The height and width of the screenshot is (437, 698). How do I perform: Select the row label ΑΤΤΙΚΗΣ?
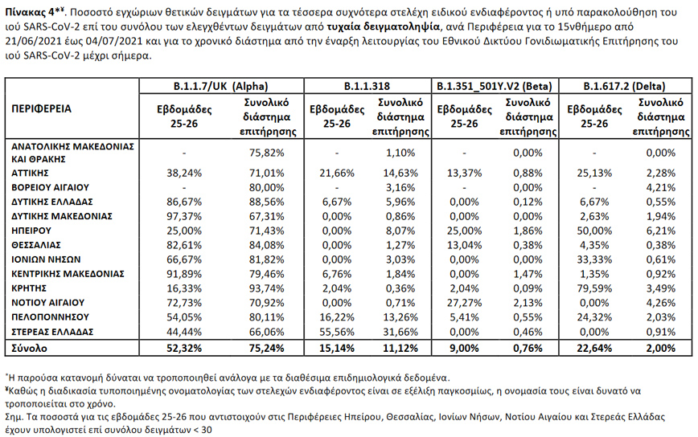point(30,172)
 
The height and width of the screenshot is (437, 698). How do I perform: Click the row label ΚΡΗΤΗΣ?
point(29,288)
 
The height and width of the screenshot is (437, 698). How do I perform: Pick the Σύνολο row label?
point(28,348)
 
